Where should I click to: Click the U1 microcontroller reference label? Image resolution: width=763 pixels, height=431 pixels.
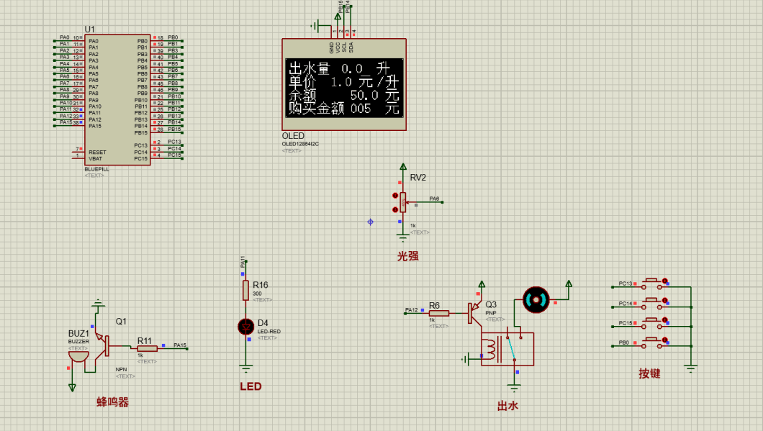90,29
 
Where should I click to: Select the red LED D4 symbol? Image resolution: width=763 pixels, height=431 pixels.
246,327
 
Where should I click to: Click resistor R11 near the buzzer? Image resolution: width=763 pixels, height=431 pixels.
147,348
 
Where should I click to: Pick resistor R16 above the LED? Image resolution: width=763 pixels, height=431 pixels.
246,290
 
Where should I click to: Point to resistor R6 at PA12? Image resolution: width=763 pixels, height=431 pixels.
439,313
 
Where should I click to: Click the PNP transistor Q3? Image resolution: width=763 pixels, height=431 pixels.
475,312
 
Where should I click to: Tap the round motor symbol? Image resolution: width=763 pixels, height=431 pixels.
536,299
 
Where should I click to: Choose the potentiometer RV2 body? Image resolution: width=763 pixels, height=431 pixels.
403,202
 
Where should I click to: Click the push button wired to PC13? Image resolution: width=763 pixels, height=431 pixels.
653,281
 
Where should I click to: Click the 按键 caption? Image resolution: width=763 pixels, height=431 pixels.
649,373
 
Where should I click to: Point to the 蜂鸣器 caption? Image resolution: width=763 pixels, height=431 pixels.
113,402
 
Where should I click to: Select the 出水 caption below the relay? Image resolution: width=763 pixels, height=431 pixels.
507,406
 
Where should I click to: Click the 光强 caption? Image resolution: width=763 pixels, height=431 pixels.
407,255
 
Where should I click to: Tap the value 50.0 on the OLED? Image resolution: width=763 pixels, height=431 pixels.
364,95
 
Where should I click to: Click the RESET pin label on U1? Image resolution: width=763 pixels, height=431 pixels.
97,153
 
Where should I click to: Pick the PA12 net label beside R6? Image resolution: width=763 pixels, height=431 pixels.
411,309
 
